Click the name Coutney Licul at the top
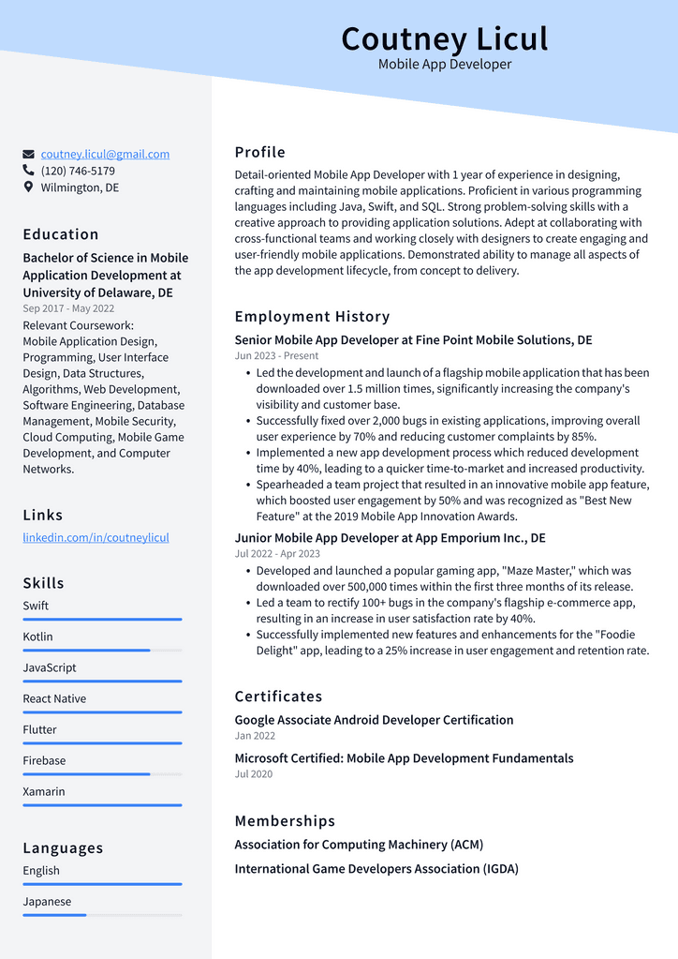click(x=444, y=38)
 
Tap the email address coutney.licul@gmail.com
click(x=105, y=154)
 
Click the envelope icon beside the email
click(x=29, y=154)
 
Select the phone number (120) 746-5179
click(x=78, y=171)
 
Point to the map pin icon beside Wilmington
click(x=29, y=187)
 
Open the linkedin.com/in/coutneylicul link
click(x=96, y=537)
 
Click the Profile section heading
click(x=259, y=152)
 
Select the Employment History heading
click(x=312, y=316)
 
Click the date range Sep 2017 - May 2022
click(x=68, y=308)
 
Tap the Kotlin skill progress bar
click(x=102, y=650)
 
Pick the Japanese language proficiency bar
click(x=102, y=914)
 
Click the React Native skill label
click(x=54, y=698)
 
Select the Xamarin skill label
click(x=44, y=791)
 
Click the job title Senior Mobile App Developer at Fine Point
click(x=413, y=339)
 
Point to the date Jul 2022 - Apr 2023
click(x=277, y=553)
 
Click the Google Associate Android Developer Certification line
click(x=374, y=720)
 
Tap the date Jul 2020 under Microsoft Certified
click(x=254, y=773)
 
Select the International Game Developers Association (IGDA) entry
click(x=376, y=868)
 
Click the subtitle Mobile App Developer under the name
click(x=445, y=65)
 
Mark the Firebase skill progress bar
click(x=102, y=773)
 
